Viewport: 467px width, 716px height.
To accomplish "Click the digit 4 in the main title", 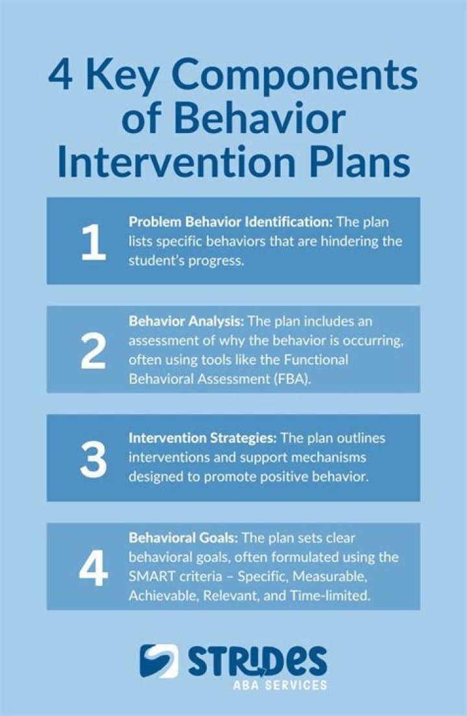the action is tap(60, 75).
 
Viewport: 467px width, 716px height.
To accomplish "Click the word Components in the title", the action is tap(294, 77).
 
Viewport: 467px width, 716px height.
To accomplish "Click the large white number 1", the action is tap(93, 242).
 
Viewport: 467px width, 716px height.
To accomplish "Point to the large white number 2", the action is tap(93, 351).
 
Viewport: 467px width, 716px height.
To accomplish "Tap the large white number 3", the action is tap(93, 460).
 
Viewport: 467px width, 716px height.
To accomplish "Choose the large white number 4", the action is tap(93, 569).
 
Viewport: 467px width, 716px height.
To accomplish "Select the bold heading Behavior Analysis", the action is tap(186, 321).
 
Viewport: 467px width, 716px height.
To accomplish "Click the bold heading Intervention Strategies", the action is tap(202, 438).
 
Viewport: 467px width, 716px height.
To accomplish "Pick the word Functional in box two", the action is tap(316, 360).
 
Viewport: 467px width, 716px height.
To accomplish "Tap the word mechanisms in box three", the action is tap(326, 458).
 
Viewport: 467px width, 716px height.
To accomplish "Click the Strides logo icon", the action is tap(159, 661).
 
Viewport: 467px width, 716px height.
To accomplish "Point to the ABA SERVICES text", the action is tap(280, 684).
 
